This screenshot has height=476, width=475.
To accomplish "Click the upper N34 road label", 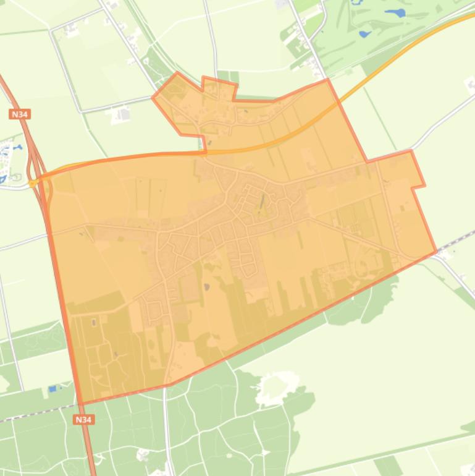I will tap(20, 114).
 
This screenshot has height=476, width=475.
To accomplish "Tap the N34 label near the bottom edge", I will tap(83, 420).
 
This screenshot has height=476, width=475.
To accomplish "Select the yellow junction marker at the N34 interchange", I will tap(32, 183).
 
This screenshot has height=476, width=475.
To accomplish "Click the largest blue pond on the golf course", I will tap(395, 12).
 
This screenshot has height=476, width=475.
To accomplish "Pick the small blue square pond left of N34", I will tap(52, 389).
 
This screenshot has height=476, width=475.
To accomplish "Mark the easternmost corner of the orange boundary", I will tap(436, 252).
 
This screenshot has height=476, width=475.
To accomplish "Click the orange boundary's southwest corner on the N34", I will tap(81, 404).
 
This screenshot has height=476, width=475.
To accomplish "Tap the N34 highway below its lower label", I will tap(90, 451).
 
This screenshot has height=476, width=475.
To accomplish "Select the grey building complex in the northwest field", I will tap(122, 114).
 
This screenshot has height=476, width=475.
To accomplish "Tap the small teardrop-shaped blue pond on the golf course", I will tap(363, 33).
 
